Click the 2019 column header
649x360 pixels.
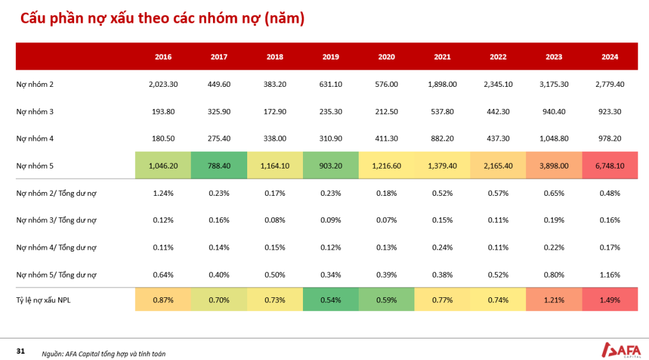(330, 56)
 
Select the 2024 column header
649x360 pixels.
(610, 56)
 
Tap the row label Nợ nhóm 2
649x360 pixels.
(35, 84)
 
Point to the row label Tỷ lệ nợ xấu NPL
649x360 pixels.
(43, 300)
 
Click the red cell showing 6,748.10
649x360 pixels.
(610, 165)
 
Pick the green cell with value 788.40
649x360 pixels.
(219, 165)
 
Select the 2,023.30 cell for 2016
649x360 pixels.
(163, 84)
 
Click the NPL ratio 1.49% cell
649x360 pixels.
(610, 300)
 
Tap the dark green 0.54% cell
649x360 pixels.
(331, 300)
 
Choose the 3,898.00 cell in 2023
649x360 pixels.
(554, 165)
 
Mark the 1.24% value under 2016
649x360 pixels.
(163, 193)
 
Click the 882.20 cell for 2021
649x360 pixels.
(442, 139)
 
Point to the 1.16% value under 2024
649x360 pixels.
(610, 275)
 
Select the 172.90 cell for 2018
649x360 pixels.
(275, 112)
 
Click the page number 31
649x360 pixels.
(21, 351)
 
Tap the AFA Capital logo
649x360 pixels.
(621, 350)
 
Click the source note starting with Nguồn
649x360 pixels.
(103, 354)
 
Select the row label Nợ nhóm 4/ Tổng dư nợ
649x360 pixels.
(56, 247)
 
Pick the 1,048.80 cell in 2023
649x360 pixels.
(554, 139)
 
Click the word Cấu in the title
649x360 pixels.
(34, 18)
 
